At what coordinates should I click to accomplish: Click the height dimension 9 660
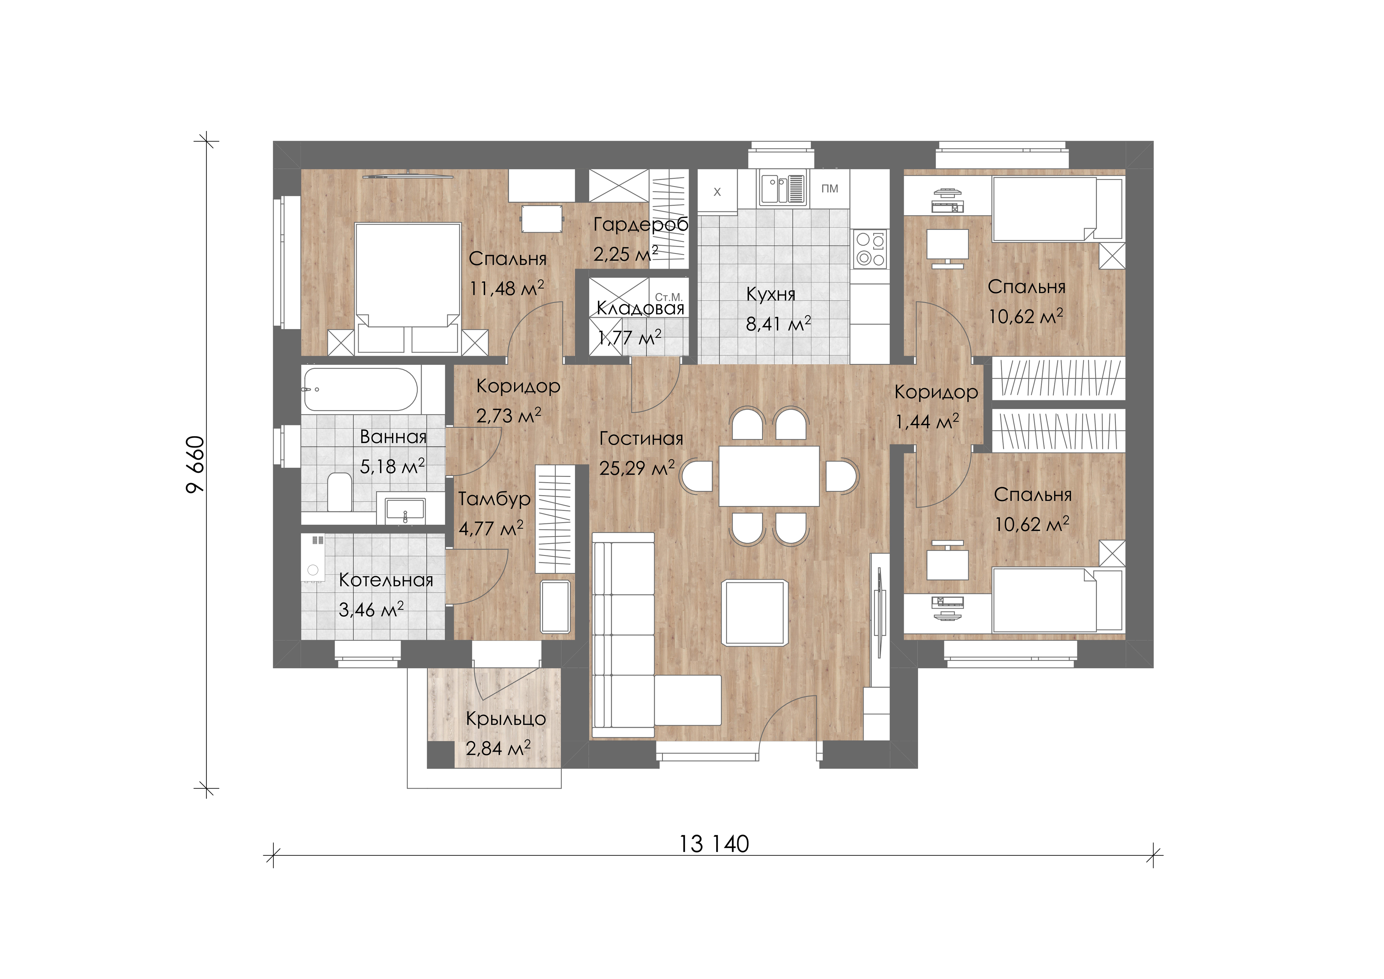pyautogui.click(x=196, y=465)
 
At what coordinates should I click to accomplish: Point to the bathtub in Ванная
pyautogui.click(x=360, y=389)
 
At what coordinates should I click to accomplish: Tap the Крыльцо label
pyautogui.click(x=506, y=719)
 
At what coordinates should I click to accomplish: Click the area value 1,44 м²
pyautogui.click(x=927, y=421)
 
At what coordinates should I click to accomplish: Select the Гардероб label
pyautogui.click(x=641, y=225)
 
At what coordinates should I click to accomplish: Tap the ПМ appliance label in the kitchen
pyautogui.click(x=829, y=189)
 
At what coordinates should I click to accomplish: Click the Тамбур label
pyautogui.click(x=494, y=499)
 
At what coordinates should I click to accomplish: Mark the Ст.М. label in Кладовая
pyautogui.click(x=668, y=297)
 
